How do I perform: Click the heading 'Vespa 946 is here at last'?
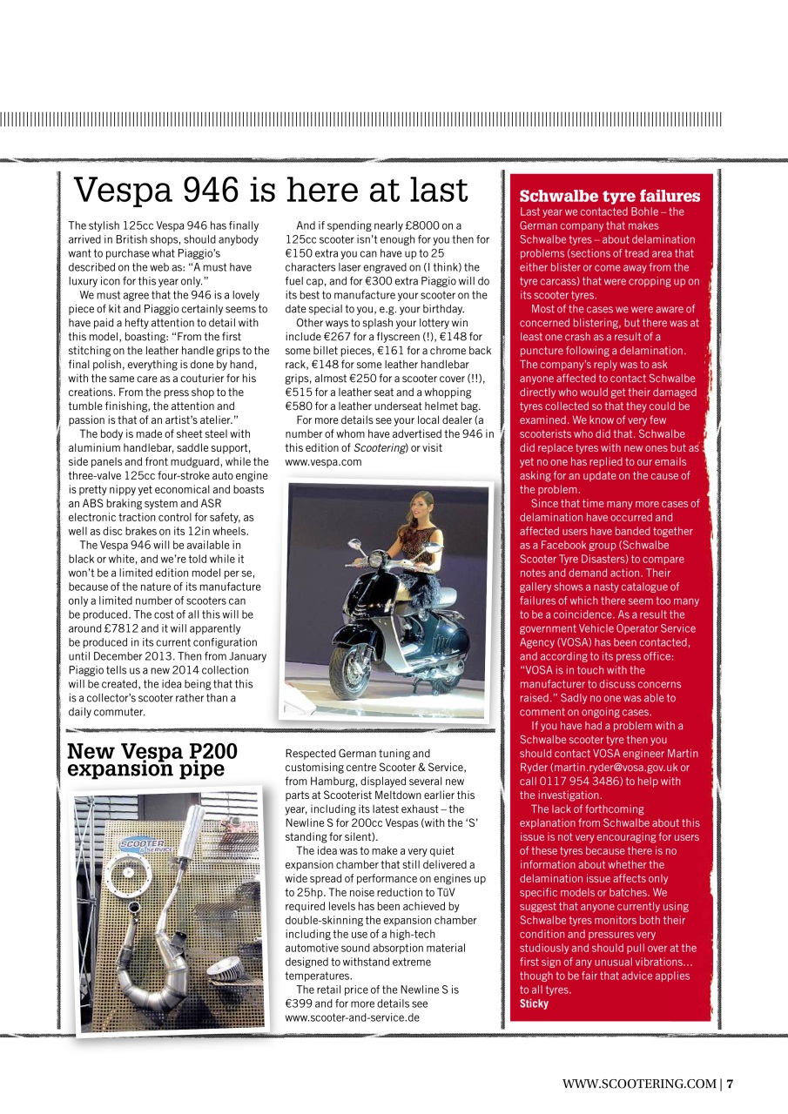coord(271,190)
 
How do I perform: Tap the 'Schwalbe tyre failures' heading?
coord(610,196)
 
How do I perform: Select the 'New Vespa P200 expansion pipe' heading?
coord(152,761)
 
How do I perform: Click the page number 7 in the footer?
coord(731,1084)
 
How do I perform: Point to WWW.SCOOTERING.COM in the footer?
coord(638,1084)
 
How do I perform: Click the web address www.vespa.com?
coord(323,462)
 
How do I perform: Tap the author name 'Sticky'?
coord(534,1003)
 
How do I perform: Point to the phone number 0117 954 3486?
coord(593,782)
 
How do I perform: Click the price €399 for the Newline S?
coord(300,1003)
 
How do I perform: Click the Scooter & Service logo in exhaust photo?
coord(142,822)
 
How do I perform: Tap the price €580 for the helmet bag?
coord(300,406)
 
